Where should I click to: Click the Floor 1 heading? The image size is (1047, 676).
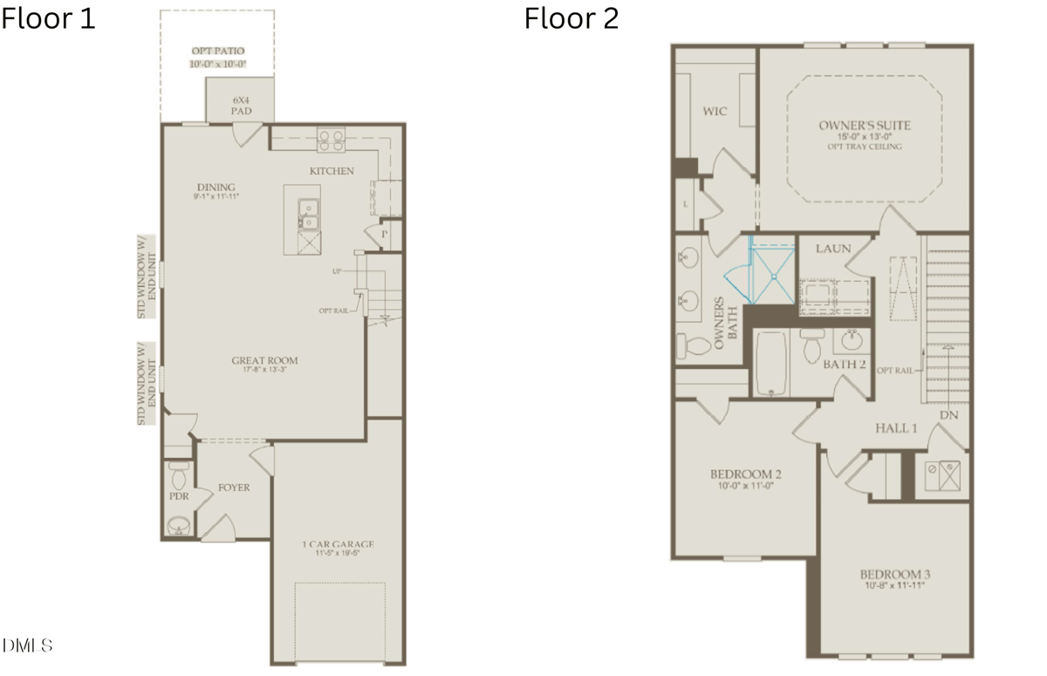(48, 18)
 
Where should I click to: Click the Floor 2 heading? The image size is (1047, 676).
(571, 18)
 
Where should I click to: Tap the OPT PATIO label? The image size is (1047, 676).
(218, 51)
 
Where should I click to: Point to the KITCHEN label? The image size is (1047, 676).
(332, 171)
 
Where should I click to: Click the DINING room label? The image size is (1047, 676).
(216, 188)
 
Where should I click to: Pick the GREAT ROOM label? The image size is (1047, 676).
(264, 360)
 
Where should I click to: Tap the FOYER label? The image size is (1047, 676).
(233, 488)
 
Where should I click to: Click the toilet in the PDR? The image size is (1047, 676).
(181, 477)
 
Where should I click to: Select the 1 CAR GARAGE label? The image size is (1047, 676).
(338, 545)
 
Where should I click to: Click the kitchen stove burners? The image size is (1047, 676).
(331, 136)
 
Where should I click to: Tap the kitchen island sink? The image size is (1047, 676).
(307, 209)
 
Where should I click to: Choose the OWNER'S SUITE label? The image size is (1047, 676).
(864, 126)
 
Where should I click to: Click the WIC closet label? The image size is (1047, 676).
(715, 112)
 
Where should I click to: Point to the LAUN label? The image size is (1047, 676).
(832, 249)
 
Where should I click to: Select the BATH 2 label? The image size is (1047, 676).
(844, 364)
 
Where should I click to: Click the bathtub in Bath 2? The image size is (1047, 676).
(771, 364)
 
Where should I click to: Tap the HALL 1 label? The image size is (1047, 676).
(896, 428)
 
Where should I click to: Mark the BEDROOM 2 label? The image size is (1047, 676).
(744, 475)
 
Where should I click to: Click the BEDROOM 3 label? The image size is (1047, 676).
(894, 574)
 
